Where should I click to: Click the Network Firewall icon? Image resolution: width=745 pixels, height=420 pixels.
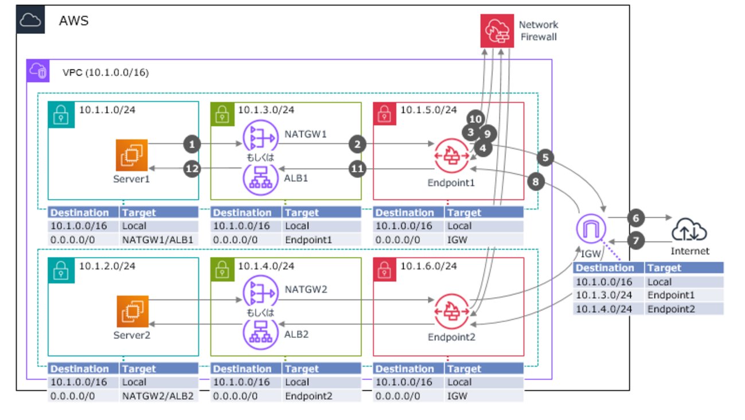(x=497, y=32)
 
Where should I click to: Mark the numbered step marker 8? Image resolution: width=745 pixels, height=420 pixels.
(x=536, y=182)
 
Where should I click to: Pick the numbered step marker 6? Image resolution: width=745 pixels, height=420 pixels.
(x=635, y=218)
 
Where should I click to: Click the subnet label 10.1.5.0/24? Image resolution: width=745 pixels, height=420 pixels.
(x=428, y=110)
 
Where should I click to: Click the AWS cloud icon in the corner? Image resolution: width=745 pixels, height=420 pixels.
(x=29, y=20)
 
